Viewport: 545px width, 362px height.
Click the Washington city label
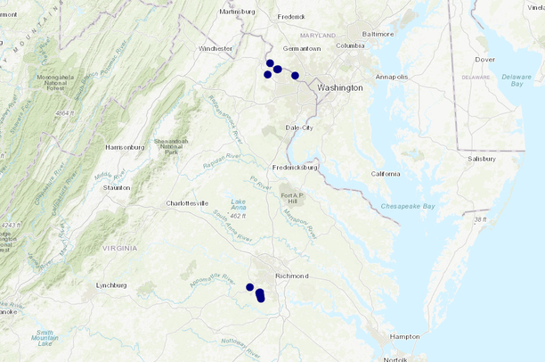tap(340, 87)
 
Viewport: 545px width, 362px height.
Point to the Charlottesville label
tap(187, 203)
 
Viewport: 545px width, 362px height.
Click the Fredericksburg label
tap(295, 167)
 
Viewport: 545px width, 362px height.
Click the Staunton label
tap(117, 187)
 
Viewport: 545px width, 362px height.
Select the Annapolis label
tap(391, 77)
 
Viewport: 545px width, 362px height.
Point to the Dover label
tap(484, 60)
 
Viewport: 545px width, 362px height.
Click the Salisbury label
tap(481, 159)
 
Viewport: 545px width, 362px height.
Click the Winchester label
tap(216, 48)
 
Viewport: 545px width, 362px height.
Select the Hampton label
tap(404, 336)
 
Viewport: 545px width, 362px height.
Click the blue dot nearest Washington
tap(295, 76)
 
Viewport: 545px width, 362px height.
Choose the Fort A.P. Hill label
tap(293, 199)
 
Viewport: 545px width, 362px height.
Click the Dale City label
tap(299, 128)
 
